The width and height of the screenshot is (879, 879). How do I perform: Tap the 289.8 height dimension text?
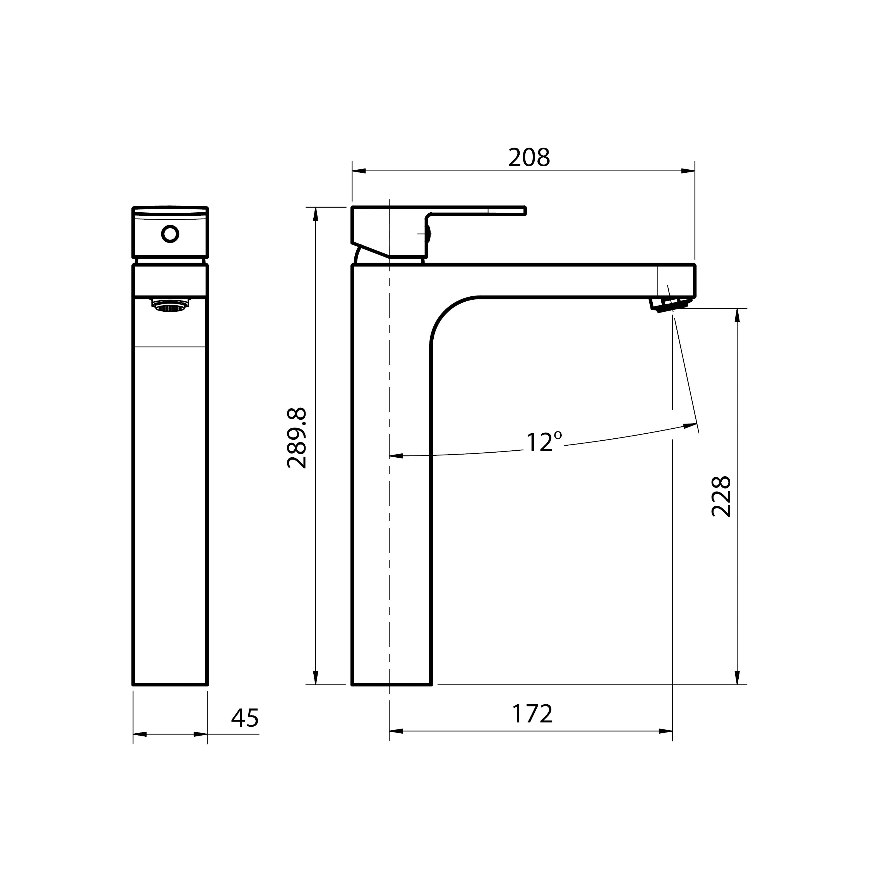click(x=297, y=439)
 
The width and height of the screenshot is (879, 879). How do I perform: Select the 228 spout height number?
click(x=721, y=496)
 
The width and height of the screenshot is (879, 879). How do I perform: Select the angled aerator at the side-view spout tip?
click(x=670, y=304)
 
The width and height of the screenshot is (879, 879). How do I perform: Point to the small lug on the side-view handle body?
click(x=428, y=235)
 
